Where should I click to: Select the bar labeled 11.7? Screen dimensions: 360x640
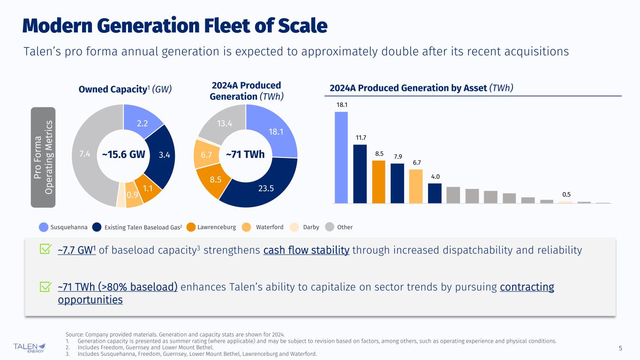click(x=360, y=173)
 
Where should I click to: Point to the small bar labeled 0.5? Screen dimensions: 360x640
click(x=565, y=202)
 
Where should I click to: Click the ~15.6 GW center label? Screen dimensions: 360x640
click(x=123, y=154)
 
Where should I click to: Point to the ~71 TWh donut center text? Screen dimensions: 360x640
click(x=245, y=154)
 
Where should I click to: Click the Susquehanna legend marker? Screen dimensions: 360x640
click(x=44, y=227)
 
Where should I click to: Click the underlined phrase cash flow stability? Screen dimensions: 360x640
click(x=306, y=250)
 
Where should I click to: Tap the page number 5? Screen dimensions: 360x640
click(x=620, y=348)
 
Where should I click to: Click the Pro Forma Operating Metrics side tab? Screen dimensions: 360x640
click(x=43, y=157)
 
